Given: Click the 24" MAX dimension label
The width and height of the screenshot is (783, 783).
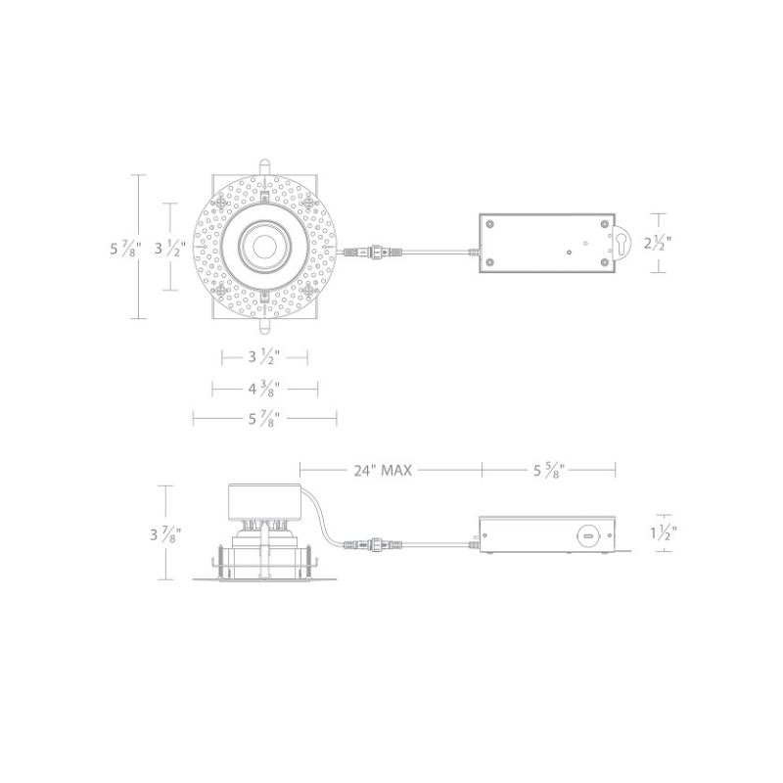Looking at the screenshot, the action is point(383,471).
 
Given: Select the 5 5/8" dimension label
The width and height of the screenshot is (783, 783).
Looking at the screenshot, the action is point(549,471).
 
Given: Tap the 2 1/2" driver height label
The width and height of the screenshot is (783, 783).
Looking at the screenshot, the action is point(658,243).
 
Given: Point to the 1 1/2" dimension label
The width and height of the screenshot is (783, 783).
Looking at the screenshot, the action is point(664,532).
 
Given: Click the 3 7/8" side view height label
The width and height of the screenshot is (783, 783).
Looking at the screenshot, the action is point(165,534).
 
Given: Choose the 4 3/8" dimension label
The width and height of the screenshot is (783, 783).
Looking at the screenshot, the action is point(264,388).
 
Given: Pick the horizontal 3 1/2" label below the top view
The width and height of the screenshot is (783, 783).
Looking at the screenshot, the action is point(264,357).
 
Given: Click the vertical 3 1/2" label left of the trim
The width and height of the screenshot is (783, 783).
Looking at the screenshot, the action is point(170,249).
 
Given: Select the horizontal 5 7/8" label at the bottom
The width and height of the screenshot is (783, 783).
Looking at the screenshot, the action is point(264,419).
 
